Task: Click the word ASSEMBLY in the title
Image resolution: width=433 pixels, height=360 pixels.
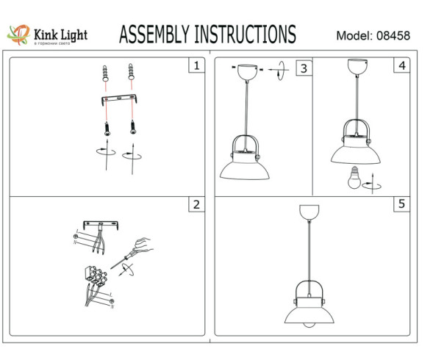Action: [153, 35]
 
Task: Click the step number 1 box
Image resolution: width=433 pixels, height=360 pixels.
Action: [195, 67]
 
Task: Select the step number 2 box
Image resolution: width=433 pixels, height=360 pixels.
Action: [195, 205]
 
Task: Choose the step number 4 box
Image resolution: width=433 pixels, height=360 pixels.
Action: [401, 67]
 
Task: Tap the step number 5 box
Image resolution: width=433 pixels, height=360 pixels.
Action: [401, 205]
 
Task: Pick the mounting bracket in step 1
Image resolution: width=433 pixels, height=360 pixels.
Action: [118, 100]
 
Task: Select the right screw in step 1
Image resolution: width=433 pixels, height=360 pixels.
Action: [132, 126]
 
